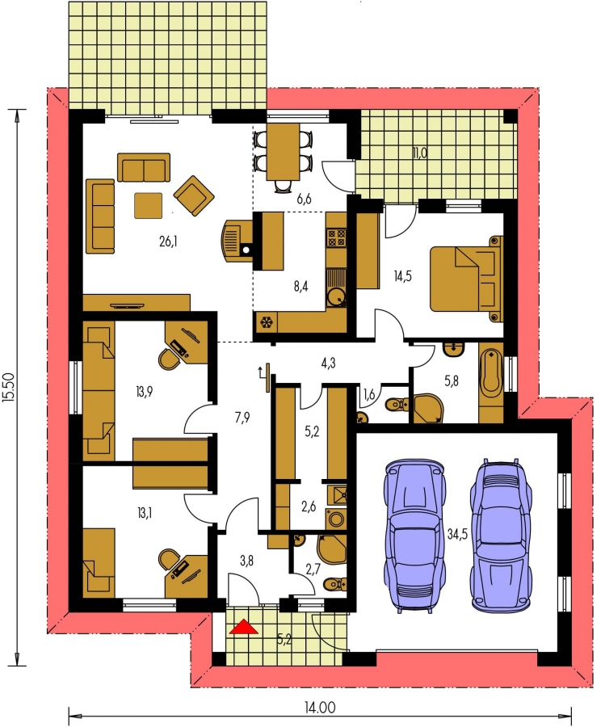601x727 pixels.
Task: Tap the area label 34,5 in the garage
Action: click(456, 534)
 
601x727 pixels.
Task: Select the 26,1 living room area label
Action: click(168, 241)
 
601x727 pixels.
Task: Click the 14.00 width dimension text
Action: click(320, 708)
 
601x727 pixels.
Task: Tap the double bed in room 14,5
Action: click(466, 278)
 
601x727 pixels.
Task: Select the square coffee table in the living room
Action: click(149, 205)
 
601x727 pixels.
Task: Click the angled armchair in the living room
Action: click(194, 195)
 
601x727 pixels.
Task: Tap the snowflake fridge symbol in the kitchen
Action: click(267, 322)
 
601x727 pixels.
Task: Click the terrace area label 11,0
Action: click(420, 153)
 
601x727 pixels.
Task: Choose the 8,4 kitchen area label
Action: click(300, 287)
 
